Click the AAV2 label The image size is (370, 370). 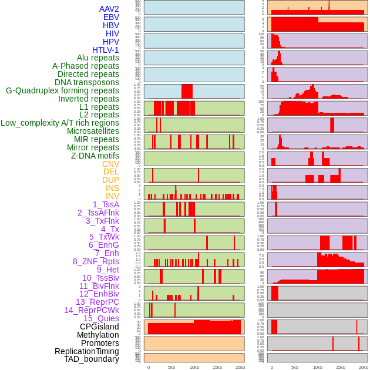(x=109, y=9)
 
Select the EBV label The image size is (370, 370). (x=111, y=17)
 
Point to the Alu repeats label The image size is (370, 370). (x=98, y=58)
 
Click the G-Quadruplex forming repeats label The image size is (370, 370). (x=62, y=90)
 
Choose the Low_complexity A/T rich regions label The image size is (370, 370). (x=60, y=123)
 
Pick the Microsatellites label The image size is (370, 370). (x=93, y=131)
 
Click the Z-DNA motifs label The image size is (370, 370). (x=95, y=156)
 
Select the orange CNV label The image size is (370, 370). (x=110, y=164)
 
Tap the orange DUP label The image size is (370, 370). (x=110, y=180)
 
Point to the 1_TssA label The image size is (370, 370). (x=106, y=204)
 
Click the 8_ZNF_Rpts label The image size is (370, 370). (x=96, y=261)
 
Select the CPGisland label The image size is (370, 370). (x=99, y=327)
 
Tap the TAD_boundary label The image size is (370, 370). (x=92, y=359)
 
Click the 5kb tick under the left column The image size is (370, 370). (x=171, y=367)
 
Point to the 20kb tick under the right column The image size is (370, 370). (x=364, y=367)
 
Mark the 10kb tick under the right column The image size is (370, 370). (x=318, y=367)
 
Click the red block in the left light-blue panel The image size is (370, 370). (x=187, y=91)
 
